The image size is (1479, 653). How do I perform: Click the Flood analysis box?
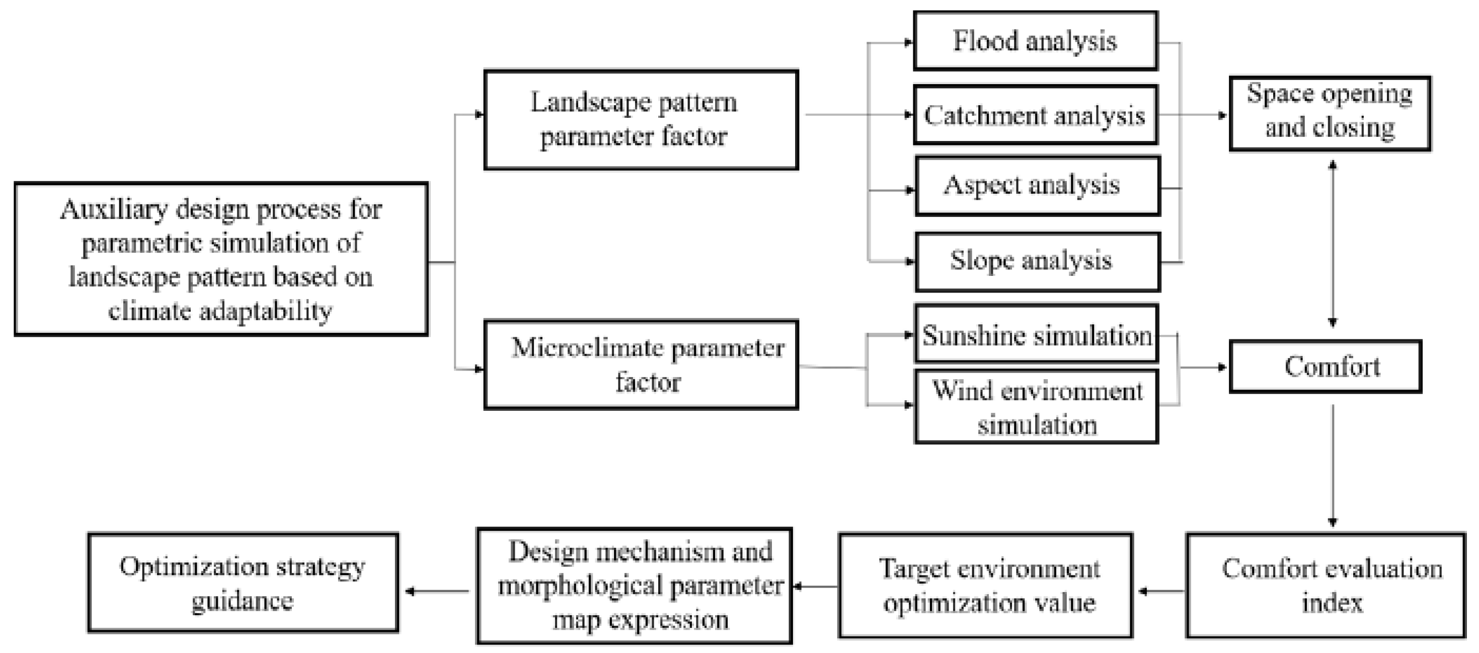pyautogui.click(x=1035, y=41)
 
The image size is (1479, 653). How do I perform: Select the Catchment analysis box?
pyautogui.click(x=1035, y=115)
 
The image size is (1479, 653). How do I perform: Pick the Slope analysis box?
pyautogui.click(x=1037, y=262)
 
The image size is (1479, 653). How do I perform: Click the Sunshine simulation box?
pyautogui.click(x=1036, y=334)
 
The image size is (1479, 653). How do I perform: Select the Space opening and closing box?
pyautogui.click(x=1330, y=113)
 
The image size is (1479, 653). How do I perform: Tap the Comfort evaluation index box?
pyautogui.click(x=1331, y=585)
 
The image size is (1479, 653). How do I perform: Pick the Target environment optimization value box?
pyautogui.click(x=985, y=585)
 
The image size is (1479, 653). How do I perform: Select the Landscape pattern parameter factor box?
pyautogui.click(x=641, y=119)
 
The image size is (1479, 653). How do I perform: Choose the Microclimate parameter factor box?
pyautogui.click(x=641, y=365)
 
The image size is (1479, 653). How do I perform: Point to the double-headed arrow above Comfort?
pyautogui.click(x=1333, y=244)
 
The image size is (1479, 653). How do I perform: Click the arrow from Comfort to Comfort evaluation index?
pyautogui.click(x=1333, y=465)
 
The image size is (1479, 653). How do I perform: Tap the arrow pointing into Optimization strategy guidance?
pyautogui.click(x=436, y=591)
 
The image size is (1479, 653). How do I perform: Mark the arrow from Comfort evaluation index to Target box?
pyautogui.click(x=1161, y=591)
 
